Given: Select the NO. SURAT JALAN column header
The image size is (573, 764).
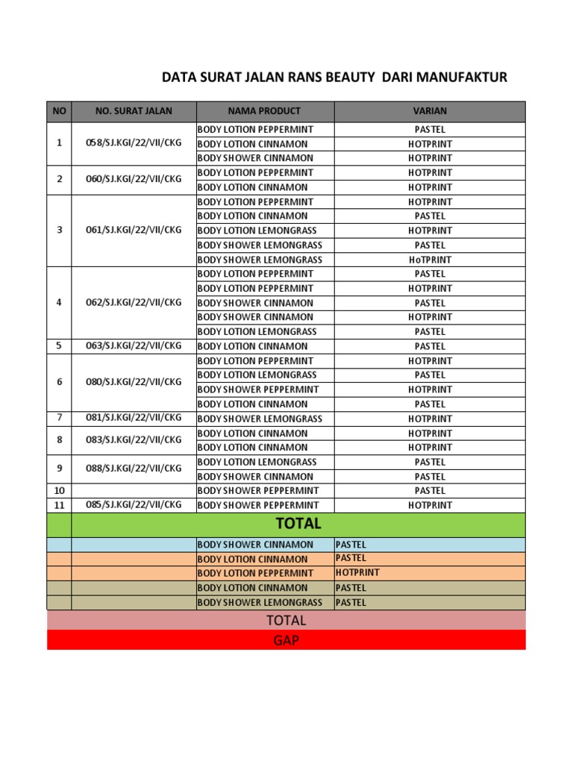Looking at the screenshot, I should pos(134,111).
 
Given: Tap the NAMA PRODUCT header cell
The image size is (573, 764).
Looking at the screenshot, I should pos(264,111).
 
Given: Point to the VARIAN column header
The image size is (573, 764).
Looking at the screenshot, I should pos(430,111).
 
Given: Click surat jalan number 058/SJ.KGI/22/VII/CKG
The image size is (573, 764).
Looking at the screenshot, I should pos(134,143).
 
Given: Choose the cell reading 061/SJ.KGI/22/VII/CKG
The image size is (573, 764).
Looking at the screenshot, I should pos(134,230).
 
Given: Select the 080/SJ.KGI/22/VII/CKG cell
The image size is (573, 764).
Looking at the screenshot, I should pos(134,382).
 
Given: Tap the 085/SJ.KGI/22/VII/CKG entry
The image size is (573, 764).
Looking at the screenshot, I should pos(134,504).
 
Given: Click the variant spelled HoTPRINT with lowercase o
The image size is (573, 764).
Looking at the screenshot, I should pos(430,260).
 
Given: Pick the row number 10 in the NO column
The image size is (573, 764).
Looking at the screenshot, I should pos(60,490).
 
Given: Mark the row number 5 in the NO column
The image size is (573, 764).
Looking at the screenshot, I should pos(60,346).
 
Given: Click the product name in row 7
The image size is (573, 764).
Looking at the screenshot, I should pos(260,419).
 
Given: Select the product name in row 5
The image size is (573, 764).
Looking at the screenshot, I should pos(252,346).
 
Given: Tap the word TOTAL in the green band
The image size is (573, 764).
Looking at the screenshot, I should pos(298,524).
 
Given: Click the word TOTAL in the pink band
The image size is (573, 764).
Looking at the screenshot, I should pos(286,621).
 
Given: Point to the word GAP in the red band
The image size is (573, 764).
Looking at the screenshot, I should pos(286,640).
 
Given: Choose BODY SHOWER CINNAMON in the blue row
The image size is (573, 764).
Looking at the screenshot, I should pos(255,545).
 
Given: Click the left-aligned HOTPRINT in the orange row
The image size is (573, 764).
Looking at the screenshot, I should pos(357,572).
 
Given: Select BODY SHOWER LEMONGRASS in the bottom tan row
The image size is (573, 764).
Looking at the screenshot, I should pos(260,602).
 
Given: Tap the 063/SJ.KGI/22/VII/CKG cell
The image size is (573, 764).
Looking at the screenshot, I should pos(134,346).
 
